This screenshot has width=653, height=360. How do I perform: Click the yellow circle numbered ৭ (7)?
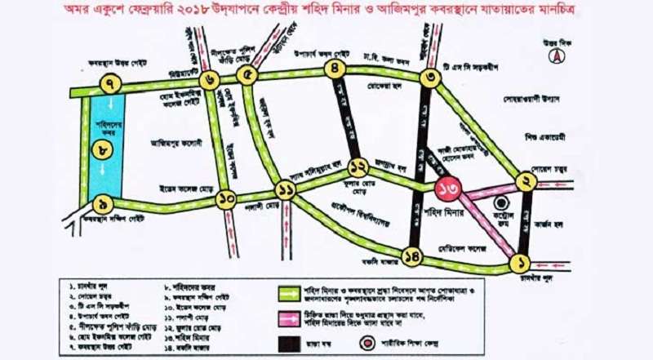click(x=109, y=83)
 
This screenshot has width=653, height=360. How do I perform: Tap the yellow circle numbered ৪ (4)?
click(x=334, y=70)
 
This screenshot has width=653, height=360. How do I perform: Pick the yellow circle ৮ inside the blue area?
click(x=101, y=150)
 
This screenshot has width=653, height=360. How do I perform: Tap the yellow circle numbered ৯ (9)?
click(x=101, y=203)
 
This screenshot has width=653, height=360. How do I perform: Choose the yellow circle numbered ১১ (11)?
click(x=286, y=192)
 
